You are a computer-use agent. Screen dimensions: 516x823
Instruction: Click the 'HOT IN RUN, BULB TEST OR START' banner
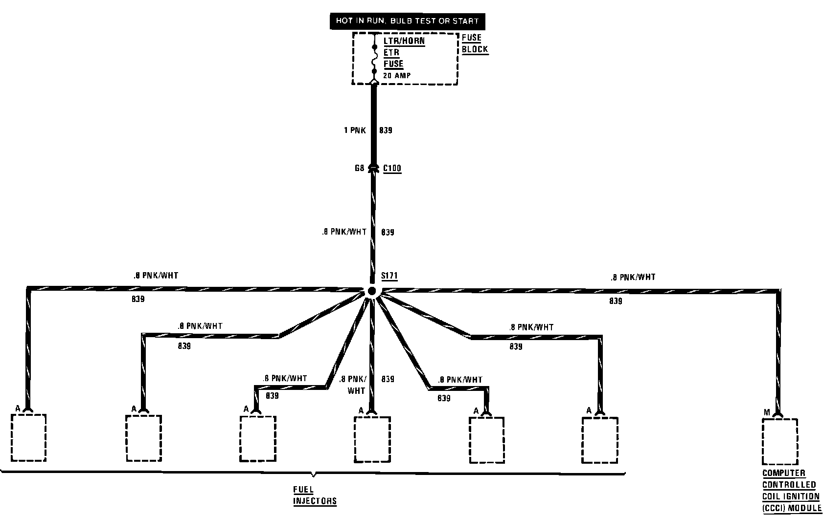click(x=407, y=21)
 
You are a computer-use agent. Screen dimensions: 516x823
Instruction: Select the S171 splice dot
click(x=371, y=291)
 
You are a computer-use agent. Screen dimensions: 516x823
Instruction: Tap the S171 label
click(x=389, y=277)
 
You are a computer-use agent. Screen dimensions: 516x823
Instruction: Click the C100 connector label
click(x=392, y=169)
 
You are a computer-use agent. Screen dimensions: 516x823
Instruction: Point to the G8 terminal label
click(x=360, y=169)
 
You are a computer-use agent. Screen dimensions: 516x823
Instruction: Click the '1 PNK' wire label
click(x=355, y=130)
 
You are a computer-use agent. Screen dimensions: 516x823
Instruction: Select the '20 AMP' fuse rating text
click(x=397, y=76)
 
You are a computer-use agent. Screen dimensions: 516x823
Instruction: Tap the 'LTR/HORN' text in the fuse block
click(x=404, y=41)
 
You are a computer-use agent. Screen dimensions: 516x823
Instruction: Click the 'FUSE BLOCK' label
click(x=474, y=43)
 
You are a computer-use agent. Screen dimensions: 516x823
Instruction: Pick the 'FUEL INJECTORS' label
click(x=315, y=495)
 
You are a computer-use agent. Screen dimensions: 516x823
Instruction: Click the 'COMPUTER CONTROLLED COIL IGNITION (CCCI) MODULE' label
click(x=791, y=490)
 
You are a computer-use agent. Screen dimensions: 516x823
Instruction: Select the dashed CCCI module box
click(x=780, y=441)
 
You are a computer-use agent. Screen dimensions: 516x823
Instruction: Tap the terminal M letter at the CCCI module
click(x=767, y=413)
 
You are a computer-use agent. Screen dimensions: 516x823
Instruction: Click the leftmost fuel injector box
click(x=28, y=437)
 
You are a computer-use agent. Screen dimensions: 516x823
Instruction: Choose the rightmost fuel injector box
click(x=600, y=440)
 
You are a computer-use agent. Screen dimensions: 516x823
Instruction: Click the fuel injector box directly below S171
click(x=372, y=439)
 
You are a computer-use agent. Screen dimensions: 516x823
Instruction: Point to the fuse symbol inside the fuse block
click(x=374, y=60)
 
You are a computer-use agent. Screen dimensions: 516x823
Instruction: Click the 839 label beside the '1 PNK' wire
click(x=386, y=130)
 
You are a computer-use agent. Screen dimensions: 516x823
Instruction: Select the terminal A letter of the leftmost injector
click(x=18, y=408)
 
